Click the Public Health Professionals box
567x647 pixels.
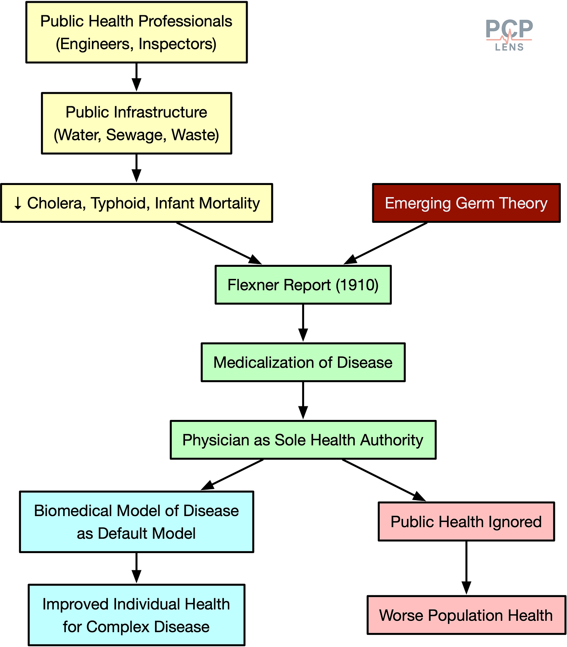(x=136, y=32)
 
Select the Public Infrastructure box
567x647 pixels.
(x=136, y=123)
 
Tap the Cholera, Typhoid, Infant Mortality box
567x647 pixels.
(x=136, y=203)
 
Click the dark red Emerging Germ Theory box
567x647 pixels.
(x=466, y=203)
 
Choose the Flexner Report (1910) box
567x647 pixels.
(x=303, y=285)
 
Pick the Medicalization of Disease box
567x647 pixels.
(x=303, y=362)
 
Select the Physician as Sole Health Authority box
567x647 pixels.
(x=303, y=440)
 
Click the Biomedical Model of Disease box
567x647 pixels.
(x=136, y=522)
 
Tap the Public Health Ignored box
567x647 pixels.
(x=466, y=522)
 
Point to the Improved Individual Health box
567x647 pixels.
(x=136, y=615)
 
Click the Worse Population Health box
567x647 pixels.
(x=466, y=615)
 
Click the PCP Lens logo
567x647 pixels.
(x=509, y=35)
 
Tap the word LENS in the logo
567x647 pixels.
(x=509, y=48)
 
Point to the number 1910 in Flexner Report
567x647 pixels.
(x=357, y=285)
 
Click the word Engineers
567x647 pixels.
(x=95, y=44)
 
